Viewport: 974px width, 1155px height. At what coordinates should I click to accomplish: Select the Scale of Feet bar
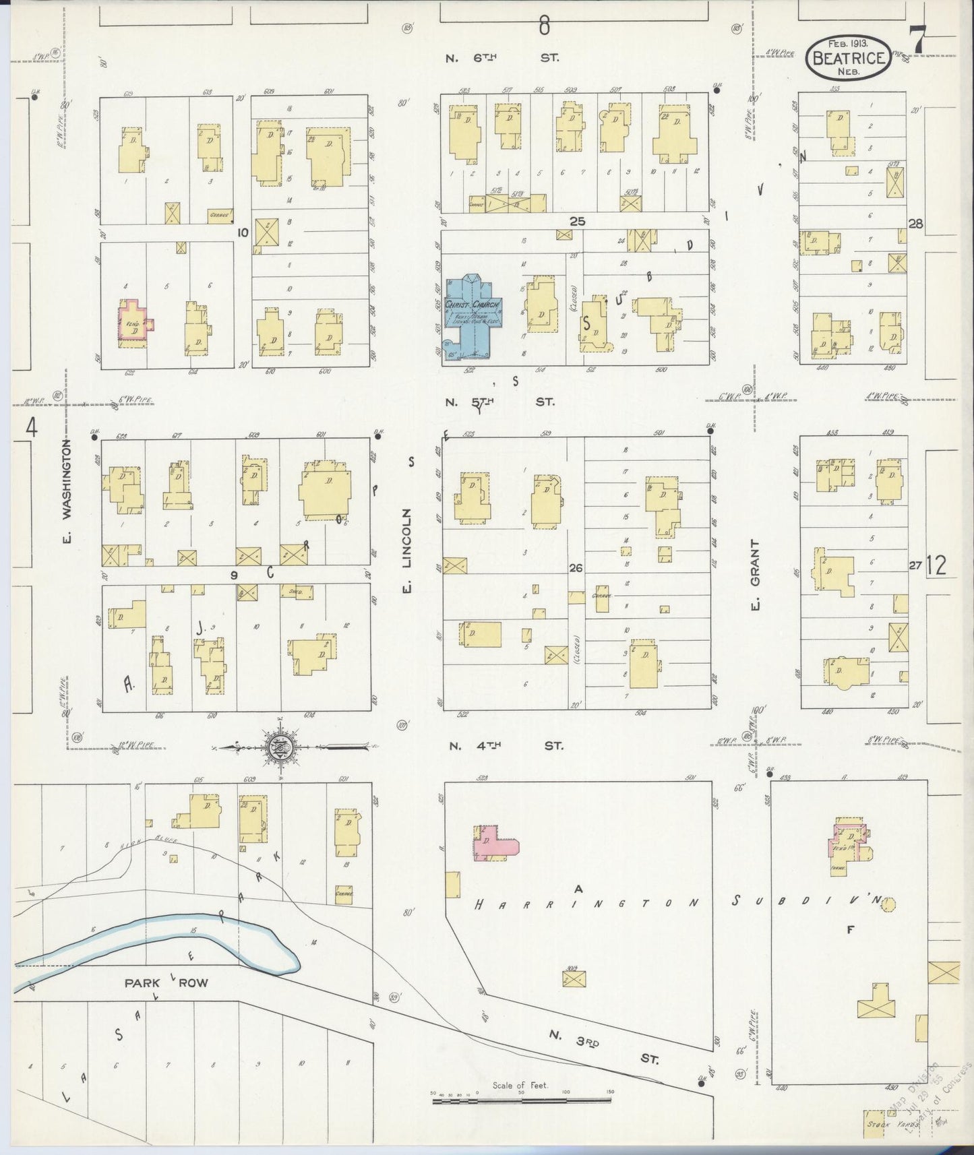(522, 1100)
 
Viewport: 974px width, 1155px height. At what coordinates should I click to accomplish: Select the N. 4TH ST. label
(506, 746)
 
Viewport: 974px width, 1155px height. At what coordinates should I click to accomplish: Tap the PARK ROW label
(166, 983)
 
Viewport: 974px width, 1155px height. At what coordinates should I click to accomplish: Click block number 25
(578, 221)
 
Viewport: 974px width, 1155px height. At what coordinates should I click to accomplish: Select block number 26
(576, 568)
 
